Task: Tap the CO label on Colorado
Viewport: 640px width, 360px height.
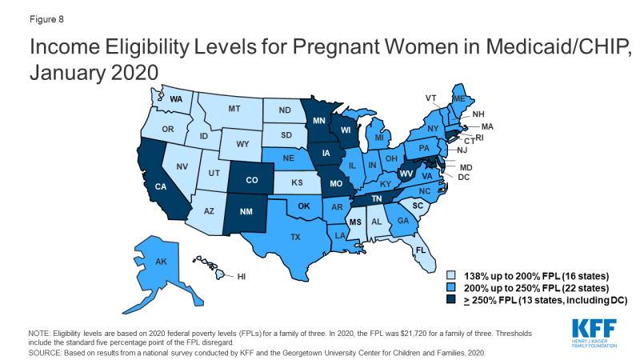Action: pyautogui.click(x=251, y=180)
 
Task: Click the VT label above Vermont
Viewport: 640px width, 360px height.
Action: pyautogui.click(x=431, y=98)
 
